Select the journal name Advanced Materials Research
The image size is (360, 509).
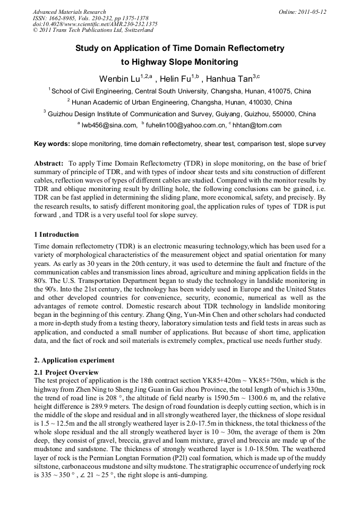pos(69,11)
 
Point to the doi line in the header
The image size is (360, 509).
pos(95,24)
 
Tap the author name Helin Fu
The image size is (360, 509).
pos(176,79)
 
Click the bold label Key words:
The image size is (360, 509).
pos(52,144)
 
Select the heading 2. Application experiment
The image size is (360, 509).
pos(74,360)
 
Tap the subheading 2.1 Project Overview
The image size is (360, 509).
pos(66,373)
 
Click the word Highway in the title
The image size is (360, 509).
pos(152,62)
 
